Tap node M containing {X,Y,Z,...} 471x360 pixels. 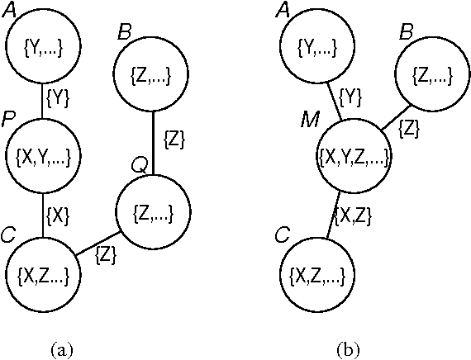353,156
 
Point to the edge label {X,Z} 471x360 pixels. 354,215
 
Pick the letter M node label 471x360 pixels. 310,121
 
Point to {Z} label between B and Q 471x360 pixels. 175,138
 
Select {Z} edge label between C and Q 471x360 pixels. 107,254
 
